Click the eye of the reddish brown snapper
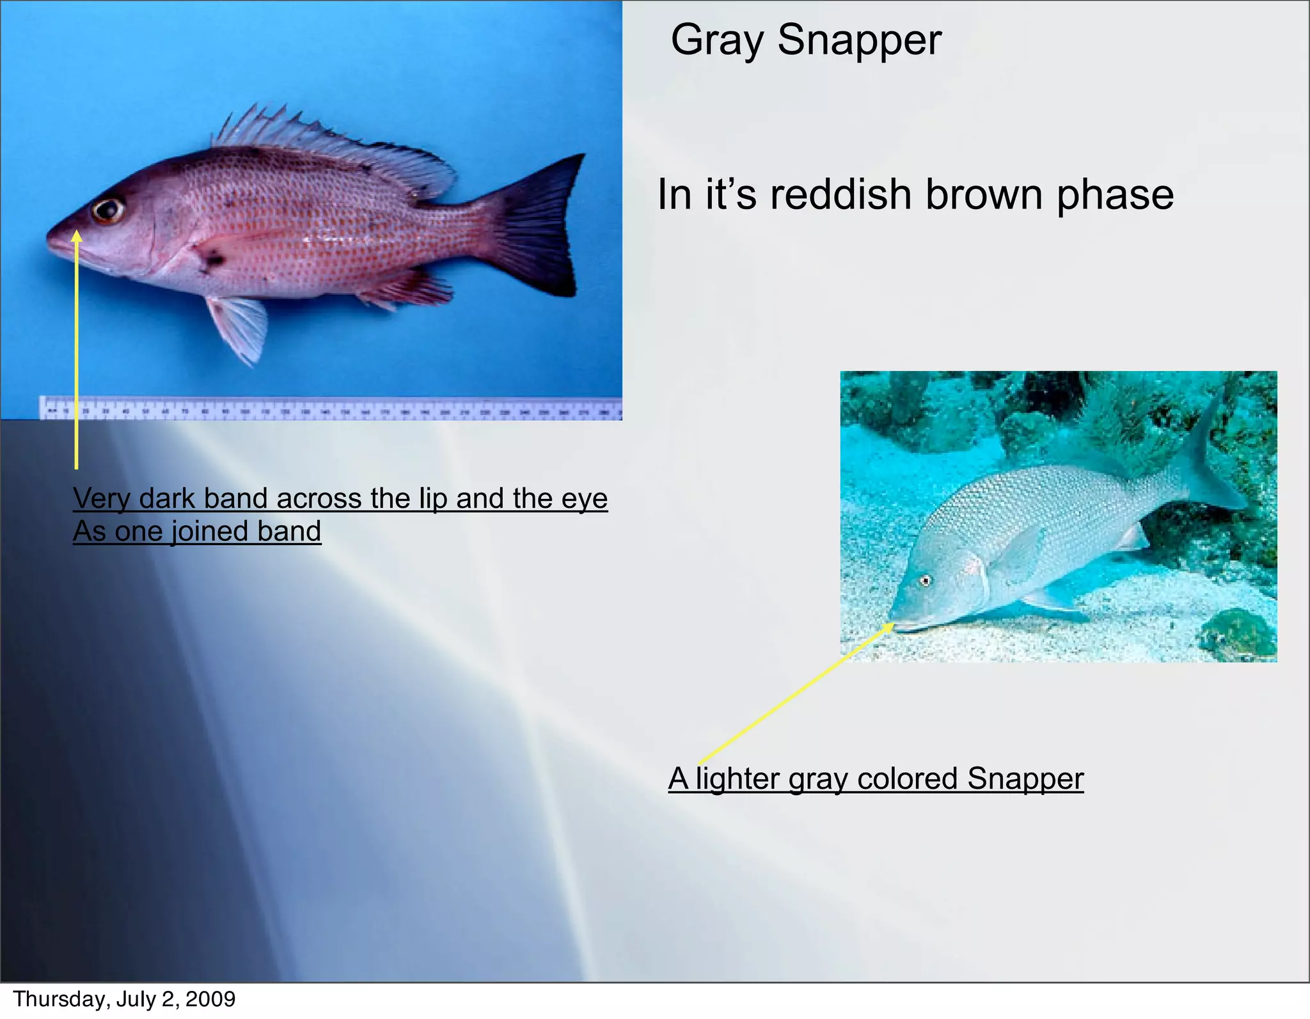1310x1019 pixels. coord(107,209)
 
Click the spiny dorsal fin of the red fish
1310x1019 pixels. coord(320,144)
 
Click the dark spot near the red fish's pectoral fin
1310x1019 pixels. coord(212,259)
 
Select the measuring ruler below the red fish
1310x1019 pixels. coord(329,408)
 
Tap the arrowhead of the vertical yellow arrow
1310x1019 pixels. coord(76,237)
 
